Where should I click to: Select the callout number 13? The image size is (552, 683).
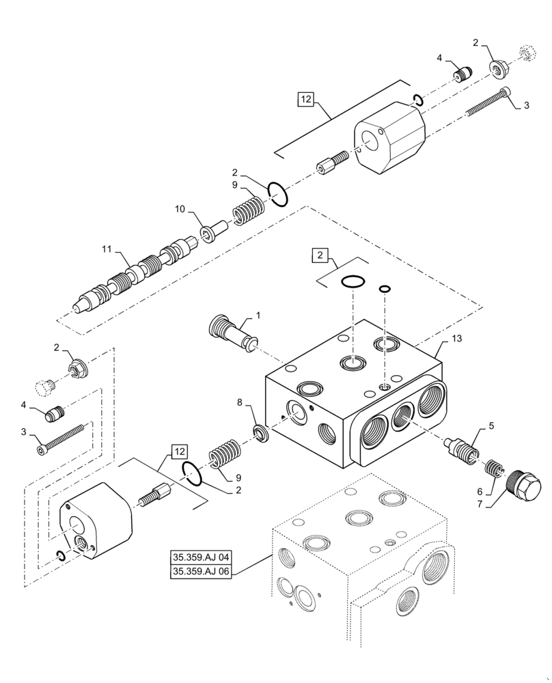[456, 340]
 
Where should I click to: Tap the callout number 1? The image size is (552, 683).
[258, 315]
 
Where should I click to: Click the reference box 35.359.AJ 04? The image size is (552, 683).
[201, 557]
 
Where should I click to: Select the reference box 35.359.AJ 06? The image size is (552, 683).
[201, 572]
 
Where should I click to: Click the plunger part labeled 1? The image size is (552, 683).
[232, 334]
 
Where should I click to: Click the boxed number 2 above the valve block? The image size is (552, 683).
[319, 256]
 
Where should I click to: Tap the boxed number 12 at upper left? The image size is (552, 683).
[305, 100]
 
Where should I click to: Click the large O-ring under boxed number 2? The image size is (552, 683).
[353, 281]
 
